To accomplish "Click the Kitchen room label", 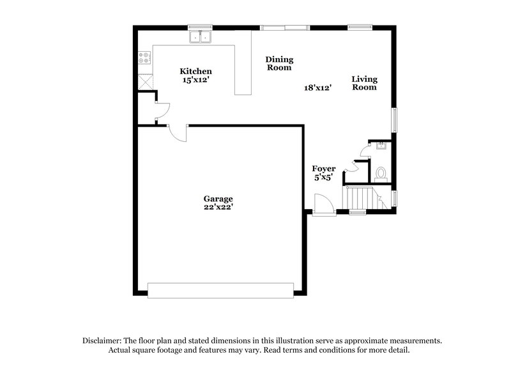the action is (195, 71).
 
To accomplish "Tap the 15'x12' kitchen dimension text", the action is (195, 80).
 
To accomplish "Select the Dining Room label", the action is (279, 63).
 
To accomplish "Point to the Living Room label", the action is (364, 83).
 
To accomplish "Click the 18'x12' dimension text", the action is (317, 88).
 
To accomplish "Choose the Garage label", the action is (218, 199).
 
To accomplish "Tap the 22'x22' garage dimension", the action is (218, 207).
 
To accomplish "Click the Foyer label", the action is (324, 169).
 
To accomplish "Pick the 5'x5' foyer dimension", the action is (323, 177).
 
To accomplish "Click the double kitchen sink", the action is (201, 37).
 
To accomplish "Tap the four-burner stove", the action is (144, 58).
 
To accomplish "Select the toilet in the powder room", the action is (381, 174).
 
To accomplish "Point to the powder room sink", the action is (381, 145).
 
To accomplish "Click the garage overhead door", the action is (220, 290).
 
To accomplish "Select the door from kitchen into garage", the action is (178, 133).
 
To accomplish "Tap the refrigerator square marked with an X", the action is (146, 82).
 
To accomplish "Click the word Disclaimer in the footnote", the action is (102, 341).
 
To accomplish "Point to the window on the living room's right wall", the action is (394, 120).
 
